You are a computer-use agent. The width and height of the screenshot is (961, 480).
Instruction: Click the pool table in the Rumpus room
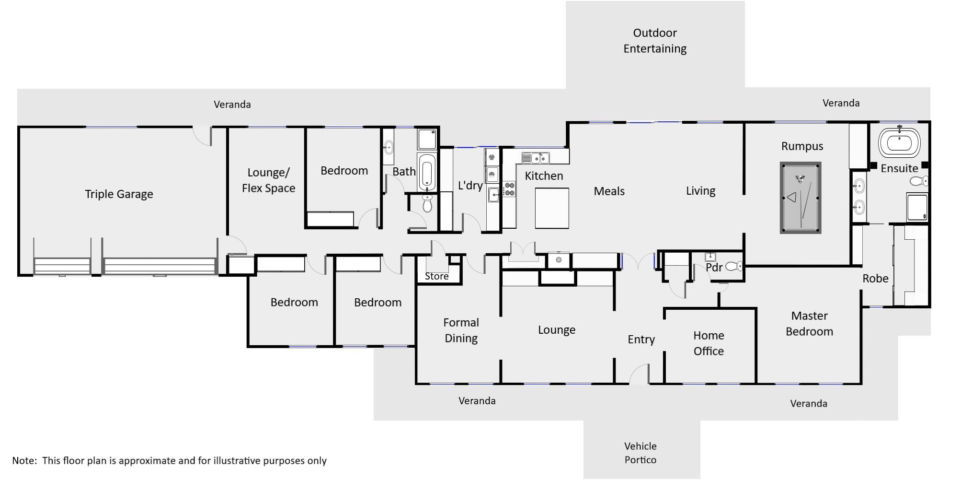[x=800, y=198]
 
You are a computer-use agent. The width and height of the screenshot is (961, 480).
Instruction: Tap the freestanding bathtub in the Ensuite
[x=899, y=142]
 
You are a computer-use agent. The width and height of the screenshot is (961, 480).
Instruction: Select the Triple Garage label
[x=119, y=194]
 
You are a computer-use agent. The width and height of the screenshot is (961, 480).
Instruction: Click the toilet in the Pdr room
[x=733, y=266]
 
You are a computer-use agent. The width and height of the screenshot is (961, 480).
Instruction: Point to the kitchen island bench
[x=552, y=208]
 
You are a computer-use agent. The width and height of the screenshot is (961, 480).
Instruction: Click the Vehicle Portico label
[x=641, y=453]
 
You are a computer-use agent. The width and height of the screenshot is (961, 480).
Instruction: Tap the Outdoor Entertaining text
[x=654, y=41]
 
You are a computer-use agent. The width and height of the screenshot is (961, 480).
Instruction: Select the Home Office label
[x=709, y=343]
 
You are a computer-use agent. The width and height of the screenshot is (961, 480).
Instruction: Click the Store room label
[x=436, y=276]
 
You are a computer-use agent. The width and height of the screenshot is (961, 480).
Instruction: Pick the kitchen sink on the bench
[x=536, y=157]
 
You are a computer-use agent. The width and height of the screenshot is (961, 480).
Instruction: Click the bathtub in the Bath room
[x=427, y=172]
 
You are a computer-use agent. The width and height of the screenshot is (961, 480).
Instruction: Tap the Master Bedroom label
[x=809, y=324]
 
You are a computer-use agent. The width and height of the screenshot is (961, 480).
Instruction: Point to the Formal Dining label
[x=461, y=330]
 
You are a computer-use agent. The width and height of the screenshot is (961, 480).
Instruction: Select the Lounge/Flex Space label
[x=268, y=180]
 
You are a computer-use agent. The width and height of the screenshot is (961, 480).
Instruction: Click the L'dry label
[x=470, y=185]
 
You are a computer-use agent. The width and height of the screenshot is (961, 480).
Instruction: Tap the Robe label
[x=875, y=279]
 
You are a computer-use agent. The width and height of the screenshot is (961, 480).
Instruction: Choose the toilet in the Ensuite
[x=919, y=181]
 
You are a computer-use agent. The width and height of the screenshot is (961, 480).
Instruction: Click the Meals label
[x=609, y=191]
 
